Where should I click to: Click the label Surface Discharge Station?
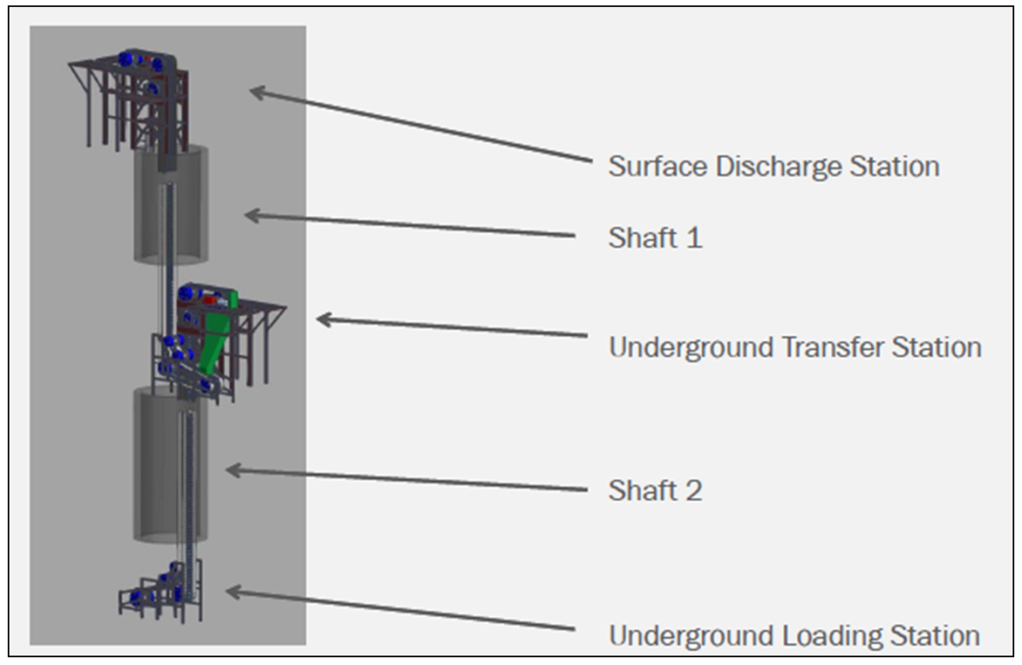(x=773, y=166)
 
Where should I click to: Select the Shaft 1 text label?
(x=655, y=237)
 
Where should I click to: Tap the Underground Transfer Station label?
(x=794, y=347)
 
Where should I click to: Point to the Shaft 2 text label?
(x=655, y=490)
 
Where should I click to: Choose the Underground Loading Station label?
(x=793, y=635)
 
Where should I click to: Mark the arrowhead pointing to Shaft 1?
(x=250, y=214)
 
